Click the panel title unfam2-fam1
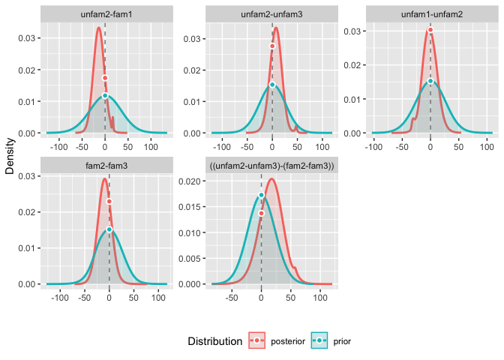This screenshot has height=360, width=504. tap(105, 15)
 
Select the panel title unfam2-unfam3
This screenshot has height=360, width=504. tap(272, 15)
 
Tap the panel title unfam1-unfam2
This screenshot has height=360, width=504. tap(430, 15)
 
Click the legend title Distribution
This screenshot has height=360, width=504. tap(215, 341)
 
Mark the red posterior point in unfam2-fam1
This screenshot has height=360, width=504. tap(105, 78)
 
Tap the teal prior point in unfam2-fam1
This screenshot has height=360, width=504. tap(105, 96)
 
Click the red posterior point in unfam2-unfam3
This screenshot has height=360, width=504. tap(272, 46)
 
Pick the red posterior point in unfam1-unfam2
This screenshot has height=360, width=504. tap(430, 30)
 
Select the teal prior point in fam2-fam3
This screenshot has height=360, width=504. tap(109, 229)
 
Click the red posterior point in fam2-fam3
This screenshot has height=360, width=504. tap(109, 201)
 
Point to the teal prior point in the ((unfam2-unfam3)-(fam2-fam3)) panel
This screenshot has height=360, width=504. tap(261, 196)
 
